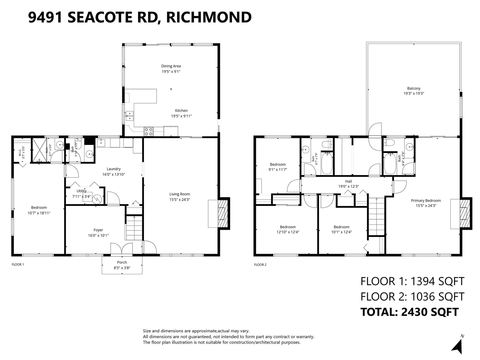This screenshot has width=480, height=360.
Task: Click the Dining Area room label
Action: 171,66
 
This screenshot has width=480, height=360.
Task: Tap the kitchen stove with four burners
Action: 148,132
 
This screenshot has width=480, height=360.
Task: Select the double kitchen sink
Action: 130,116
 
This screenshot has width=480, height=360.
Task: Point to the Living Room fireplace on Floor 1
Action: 223,213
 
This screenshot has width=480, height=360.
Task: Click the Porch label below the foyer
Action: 122,262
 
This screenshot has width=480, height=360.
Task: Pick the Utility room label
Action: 82,191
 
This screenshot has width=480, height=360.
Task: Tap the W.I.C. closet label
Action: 20,152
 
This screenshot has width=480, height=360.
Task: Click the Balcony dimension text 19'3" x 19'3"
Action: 413,93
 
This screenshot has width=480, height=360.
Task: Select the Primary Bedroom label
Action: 426,200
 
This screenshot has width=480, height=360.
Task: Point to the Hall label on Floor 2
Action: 349,181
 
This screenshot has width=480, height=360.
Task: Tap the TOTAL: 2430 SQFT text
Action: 409,312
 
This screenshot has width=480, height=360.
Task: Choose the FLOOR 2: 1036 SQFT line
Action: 412,297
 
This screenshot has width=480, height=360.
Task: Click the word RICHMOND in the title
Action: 209,17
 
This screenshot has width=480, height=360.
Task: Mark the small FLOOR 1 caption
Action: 18,265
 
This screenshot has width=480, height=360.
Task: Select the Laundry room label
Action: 113,169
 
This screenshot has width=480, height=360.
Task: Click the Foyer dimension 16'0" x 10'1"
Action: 98,235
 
